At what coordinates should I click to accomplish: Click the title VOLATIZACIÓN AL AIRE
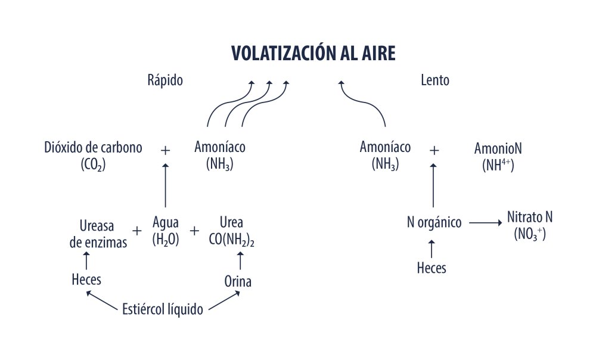tap(313, 53)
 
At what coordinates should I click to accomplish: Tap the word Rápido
tap(165, 80)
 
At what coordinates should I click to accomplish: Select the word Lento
tap(435, 80)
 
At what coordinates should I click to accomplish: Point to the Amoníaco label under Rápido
tap(220, 156)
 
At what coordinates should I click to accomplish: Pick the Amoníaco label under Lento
tap(385, 156)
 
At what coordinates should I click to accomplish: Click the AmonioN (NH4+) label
tap(498, 156)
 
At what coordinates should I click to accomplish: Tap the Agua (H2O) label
tap(165, 232)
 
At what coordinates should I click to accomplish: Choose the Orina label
tap(238, 281)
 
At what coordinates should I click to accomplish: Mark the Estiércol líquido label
tap(162, 310)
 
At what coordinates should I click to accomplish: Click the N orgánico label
tap(434, 223)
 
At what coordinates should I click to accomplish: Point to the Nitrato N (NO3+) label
tap(530, 225)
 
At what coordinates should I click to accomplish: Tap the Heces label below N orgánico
tap(432, 268)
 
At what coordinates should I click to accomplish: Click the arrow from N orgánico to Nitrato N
tap(485, 223)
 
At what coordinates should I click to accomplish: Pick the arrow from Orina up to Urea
tap(240, 260)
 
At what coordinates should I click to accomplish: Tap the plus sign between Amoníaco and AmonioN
tap(434, 150)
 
